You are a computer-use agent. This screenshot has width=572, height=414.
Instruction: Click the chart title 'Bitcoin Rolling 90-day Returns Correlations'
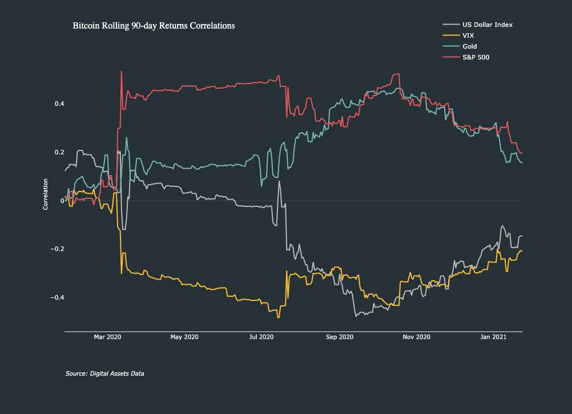point(154,26)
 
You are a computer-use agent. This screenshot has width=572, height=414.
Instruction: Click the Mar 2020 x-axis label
point(107,337)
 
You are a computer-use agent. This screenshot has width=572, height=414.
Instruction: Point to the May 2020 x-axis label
point(184,337)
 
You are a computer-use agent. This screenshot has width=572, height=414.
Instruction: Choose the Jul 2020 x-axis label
point(261,337)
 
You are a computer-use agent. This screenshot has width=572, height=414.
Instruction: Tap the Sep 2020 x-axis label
point(339,337)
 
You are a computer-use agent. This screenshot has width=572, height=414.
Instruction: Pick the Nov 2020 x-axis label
point(416,337)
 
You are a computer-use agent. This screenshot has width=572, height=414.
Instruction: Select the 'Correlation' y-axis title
point(46,194)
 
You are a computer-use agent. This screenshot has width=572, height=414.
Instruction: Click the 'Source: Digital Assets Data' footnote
point(104,373)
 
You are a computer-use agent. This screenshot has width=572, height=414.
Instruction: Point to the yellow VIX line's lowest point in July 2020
point(278,317)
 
